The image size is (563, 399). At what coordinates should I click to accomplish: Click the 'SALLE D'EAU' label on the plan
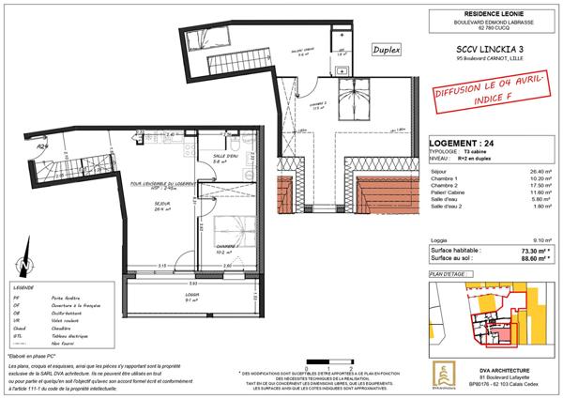pos(226,156)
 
